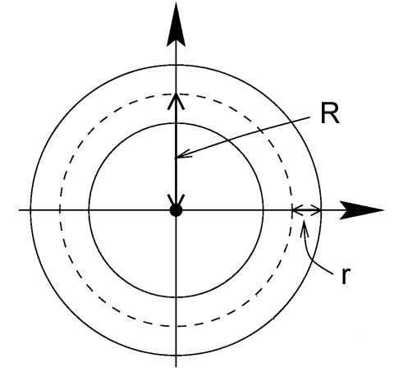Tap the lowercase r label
pyautogui.click(x=346, y=276)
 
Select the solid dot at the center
pyautogui.click(x=176, y=210)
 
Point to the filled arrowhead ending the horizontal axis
pyautogui.click(x=362, y=210)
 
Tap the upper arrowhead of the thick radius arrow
pyautogui.click(x=176, y=101)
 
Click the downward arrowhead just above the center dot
pyautogui.click(x=176, y=200)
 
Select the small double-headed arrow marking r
pyautogui.click(x=306, y=210)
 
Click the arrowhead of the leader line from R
pyautogui.click(x=183, y=154)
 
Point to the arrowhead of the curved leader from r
pyautogui.click(x=305, y=228)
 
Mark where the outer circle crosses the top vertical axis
pyautogui.click(x=176, y=65)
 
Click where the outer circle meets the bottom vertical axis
pyautogui.click(x=176, y=356)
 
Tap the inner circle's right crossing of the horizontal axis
pyautogui.click(x=263, y=210)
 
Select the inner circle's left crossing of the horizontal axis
pyautogui.click(x=89, y=210)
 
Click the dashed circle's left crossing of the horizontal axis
pyautogui.click(x=60, y=210)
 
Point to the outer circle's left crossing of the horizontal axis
pyautogui.click(x=30, y=210)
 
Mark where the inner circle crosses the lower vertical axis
pyautogui.click(x=176, y=297)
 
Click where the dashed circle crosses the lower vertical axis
pyautogui.click(x=176, y=326)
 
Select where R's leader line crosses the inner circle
pyautogui.click(x=227, y=140)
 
